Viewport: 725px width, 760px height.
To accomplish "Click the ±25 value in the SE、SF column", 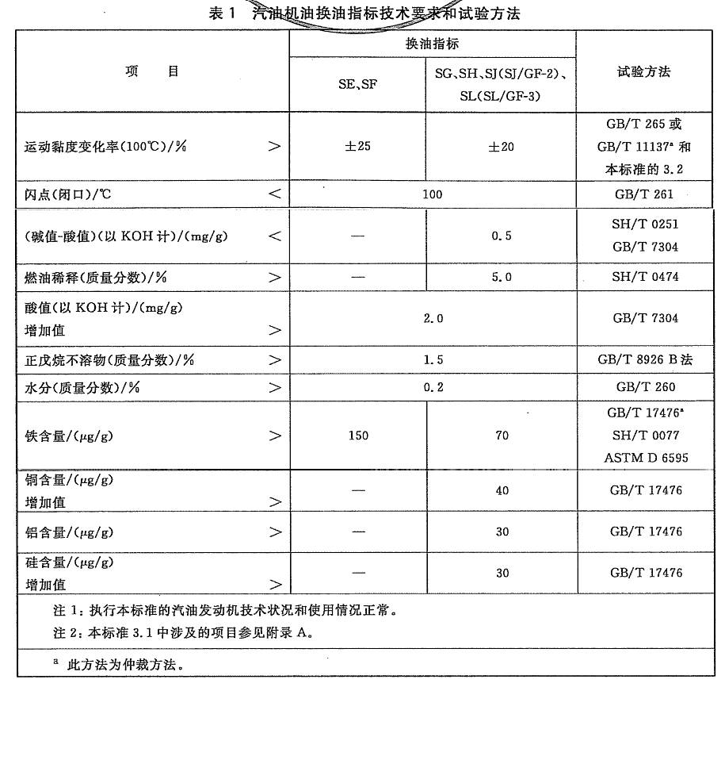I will tap(357, 147).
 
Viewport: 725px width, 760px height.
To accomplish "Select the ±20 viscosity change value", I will tap(501, 147).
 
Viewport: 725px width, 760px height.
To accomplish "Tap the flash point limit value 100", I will tap(433, 194).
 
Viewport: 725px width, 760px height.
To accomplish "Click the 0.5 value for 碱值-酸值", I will tap(502, 236).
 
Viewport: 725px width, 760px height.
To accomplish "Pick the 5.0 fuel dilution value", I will tap(502, 278).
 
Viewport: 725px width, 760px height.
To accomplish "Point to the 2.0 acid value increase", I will tap(433, 318).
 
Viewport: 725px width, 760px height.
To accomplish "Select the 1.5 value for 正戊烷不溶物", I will tap(433, 360).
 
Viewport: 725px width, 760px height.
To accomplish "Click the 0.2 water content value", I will tap(433, 388).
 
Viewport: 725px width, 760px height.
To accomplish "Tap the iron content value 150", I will tap(358, 436).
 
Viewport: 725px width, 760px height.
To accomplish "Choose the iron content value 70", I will tap(502, 436).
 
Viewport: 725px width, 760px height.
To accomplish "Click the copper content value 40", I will tap(502, 491).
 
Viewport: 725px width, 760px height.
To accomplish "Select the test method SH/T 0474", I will tap(645, 278).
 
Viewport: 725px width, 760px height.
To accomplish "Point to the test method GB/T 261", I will tap(645, 194).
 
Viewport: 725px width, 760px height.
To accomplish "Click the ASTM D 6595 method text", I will tap(645, 458).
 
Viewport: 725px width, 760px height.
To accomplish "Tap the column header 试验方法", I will tap(644, 72).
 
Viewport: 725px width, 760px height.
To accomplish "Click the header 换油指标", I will tap(433, 44).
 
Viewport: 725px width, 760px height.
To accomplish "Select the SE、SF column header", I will tap(358, 85).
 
